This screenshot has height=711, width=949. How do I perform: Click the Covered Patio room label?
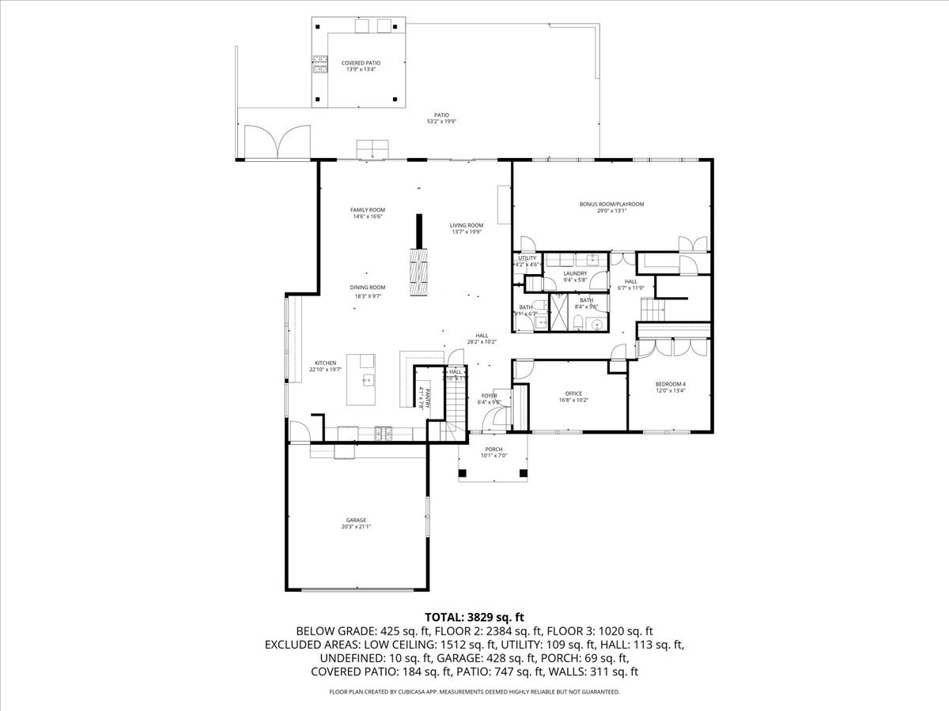tap(361, 62)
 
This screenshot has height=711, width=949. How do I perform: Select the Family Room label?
tap(368, 209)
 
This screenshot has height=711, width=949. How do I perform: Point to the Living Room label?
tap(467, 224)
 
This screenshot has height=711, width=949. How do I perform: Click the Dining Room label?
tap(368, 288)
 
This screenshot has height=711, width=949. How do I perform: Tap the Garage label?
tap(355, 520)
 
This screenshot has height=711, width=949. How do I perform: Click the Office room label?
tap(573, 393)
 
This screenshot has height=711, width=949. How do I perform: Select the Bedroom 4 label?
tap(671, 384)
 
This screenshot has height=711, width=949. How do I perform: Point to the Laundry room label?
tap(575, 273)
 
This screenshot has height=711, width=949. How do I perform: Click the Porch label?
tap(494, 449)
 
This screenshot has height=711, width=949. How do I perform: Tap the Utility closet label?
tap(527, 258)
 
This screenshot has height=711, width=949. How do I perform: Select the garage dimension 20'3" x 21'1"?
tap(355, 526)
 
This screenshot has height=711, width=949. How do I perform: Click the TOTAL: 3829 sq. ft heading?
tap(475, 617)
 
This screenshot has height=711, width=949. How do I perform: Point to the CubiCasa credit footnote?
tap(475, 691)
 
